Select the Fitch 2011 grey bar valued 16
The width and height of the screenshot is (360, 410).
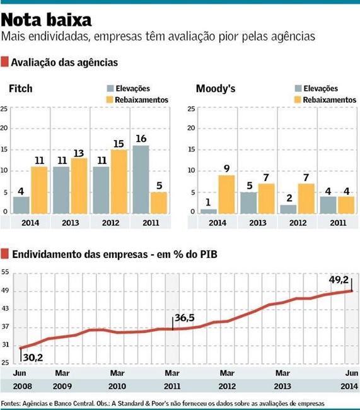click(141, 179)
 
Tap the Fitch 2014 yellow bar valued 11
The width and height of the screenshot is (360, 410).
click(39, 189)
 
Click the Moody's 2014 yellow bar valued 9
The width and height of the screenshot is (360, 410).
click(227, 194)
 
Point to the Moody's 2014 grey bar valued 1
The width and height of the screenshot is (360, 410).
click(208, 211)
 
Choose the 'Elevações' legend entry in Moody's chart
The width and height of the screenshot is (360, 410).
click(315, 89)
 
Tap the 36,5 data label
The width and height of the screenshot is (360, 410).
click(187, 319)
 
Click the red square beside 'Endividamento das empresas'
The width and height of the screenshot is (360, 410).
click(5, 254)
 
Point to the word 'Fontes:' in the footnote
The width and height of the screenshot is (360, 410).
click(11, 403)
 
